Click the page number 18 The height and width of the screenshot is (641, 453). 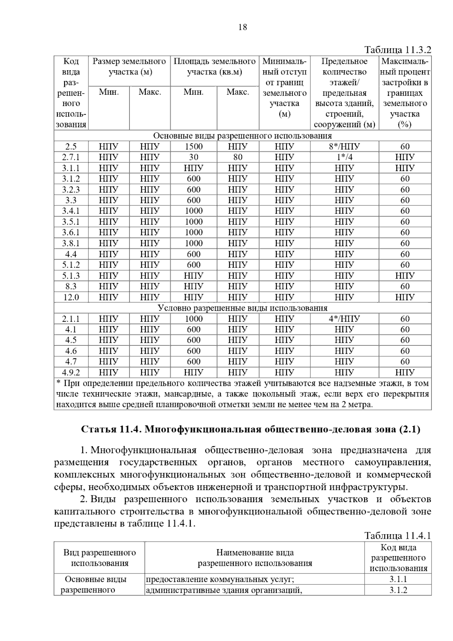click(243, 27)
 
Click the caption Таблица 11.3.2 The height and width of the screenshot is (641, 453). click(397, 50)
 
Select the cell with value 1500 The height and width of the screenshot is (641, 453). click(194, 146)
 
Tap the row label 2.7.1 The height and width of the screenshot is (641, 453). click(71, 157)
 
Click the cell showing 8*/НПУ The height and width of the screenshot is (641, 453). click(344, 146)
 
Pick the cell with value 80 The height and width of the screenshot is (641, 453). click(238, 157)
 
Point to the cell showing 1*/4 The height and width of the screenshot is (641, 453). click(344, 157)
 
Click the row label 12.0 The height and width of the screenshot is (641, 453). click(71, 297)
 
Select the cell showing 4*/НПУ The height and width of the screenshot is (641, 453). click(344, 319)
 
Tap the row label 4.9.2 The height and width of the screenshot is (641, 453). click(71, 373)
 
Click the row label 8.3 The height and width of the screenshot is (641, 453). click(71, 286)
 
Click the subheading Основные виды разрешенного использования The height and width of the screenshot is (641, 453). click(242, 136)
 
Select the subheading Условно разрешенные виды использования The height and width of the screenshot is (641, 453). click(242, 308)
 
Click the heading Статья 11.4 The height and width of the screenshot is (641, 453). click(251, 429)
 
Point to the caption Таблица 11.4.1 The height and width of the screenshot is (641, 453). click(397, 536)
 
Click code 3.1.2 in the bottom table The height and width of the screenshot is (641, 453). click(398, 590)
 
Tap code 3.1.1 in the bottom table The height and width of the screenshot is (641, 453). click(398, 579)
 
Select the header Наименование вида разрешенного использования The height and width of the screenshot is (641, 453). click(255, 558)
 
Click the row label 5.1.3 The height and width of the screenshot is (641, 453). click(71, 276)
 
